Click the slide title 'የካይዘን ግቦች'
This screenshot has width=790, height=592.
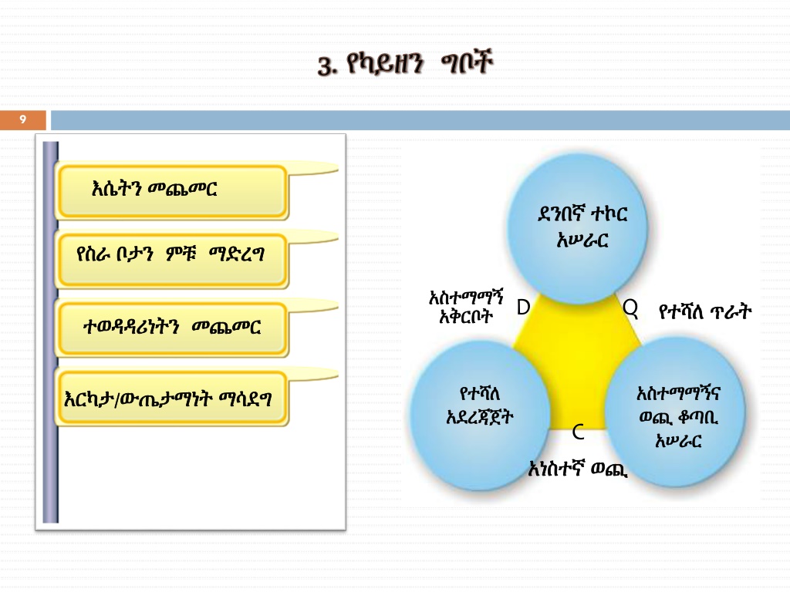406,65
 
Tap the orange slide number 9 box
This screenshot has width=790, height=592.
23,119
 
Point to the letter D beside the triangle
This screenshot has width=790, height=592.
523,308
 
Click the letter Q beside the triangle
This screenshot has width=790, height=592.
630,308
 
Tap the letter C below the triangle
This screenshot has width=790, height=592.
578,433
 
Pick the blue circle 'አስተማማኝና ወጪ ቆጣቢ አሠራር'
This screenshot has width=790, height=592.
678,416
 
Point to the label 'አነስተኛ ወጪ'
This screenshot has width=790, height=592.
578,468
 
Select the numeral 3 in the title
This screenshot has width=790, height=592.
324,66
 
